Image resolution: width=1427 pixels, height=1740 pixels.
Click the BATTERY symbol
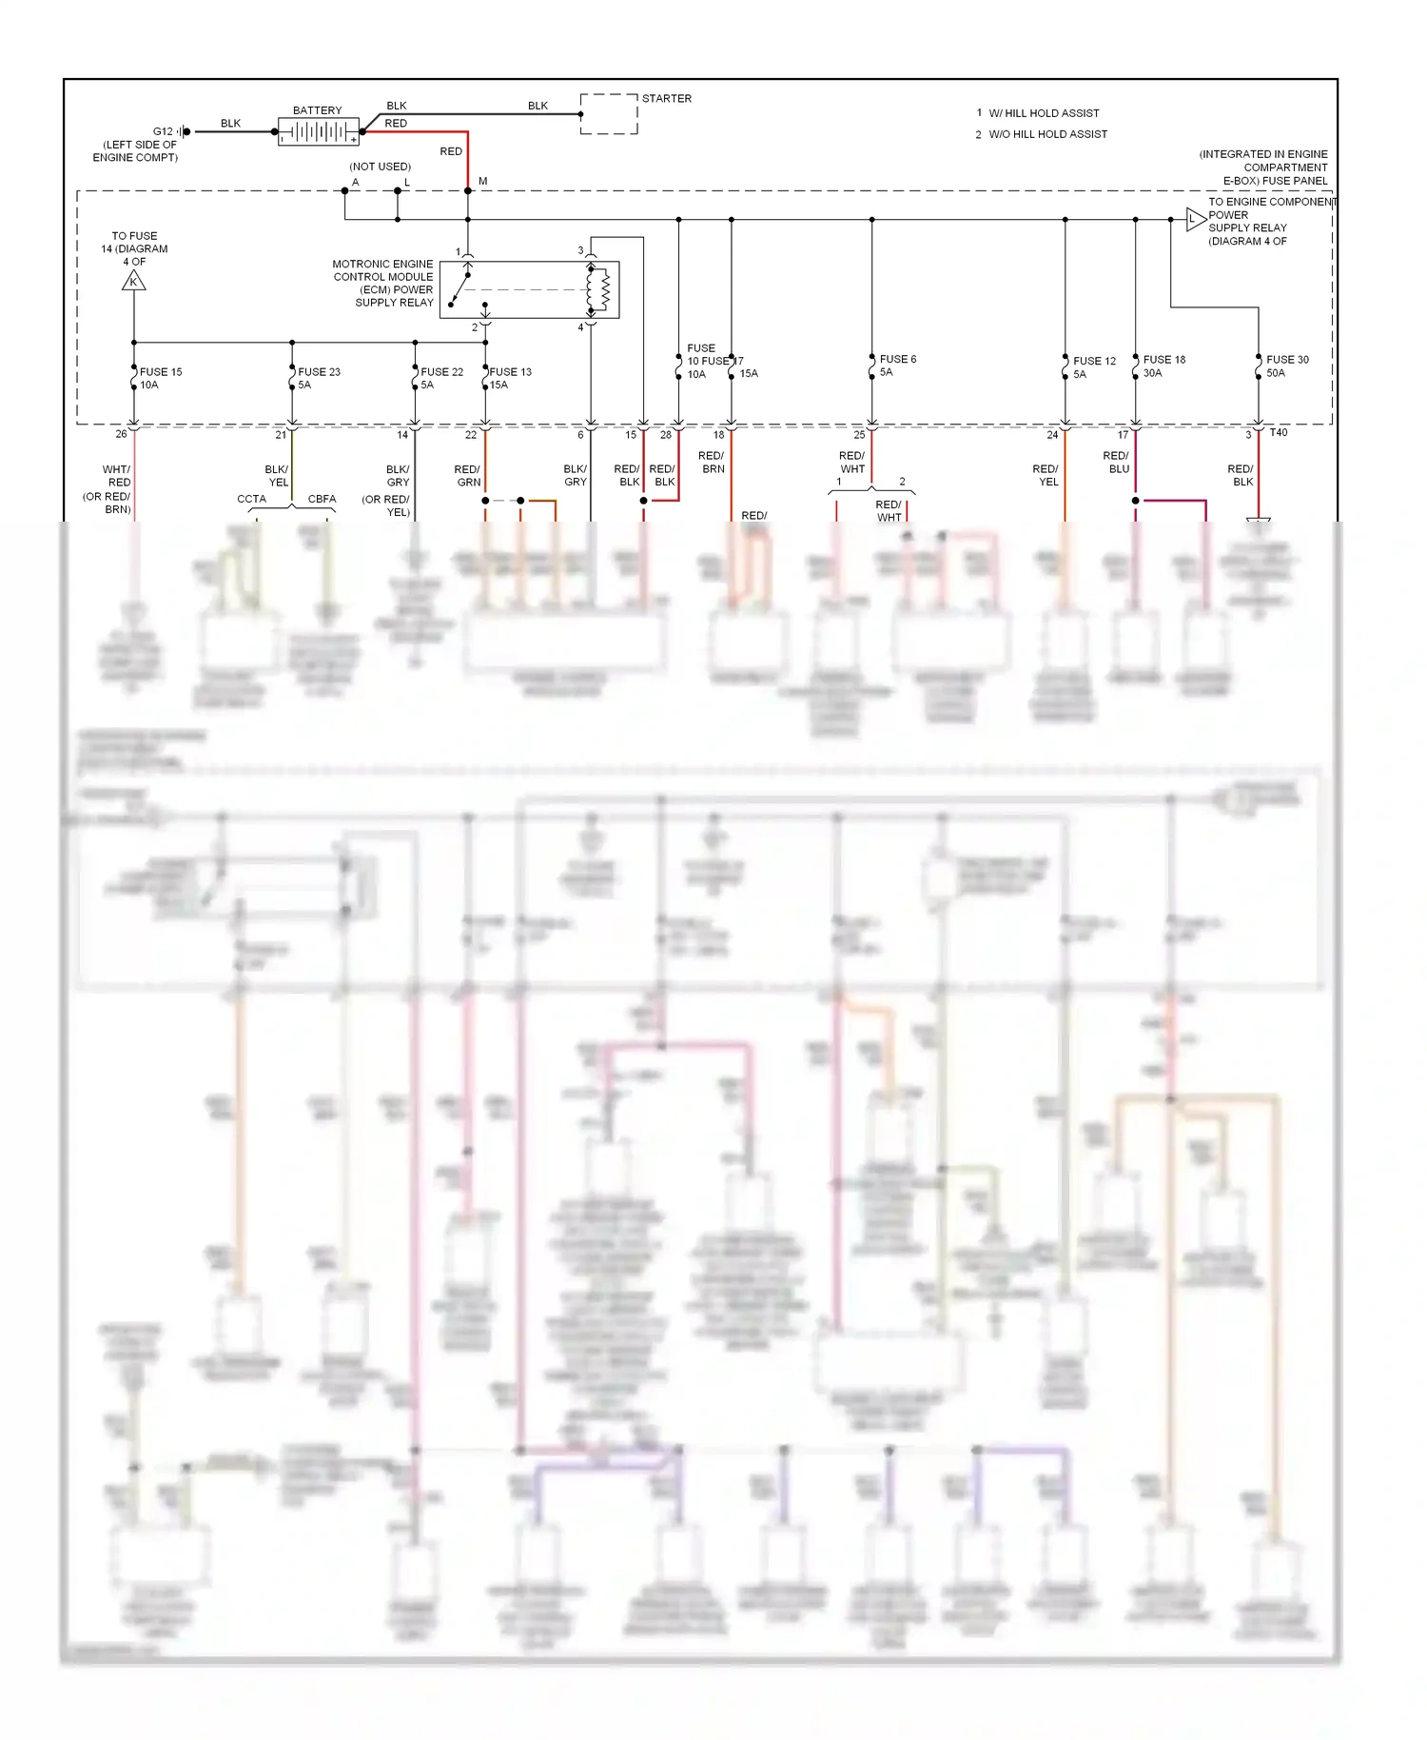coord(318,131)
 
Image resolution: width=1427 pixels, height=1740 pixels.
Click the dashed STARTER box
coord(609,114)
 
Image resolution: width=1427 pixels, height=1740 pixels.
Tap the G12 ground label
coord(163,131)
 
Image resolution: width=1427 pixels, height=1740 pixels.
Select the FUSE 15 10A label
coord(160,378)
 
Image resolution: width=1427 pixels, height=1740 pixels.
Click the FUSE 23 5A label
coord(318,378)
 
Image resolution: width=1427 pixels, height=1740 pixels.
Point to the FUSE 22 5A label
coord(441,378)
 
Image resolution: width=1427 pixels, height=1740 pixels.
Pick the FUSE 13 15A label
coord(510,378)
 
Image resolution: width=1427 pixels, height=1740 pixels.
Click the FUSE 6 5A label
coord(897,366)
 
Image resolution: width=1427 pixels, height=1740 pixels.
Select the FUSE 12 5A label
coord(1093,367)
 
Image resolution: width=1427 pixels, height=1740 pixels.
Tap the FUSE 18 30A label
coord(1163,366)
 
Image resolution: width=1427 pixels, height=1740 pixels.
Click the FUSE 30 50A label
coord(1286,366)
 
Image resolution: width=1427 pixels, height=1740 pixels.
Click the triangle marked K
coord(134,281)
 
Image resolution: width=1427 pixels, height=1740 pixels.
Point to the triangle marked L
coord(1195,220)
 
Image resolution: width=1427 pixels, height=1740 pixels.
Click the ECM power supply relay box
coord(529,289)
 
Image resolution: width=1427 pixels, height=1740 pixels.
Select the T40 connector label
coord(1278,433)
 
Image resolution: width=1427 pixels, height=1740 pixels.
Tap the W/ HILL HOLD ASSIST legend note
coord(1043,113)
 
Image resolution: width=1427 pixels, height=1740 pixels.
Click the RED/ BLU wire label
coord(1117,462)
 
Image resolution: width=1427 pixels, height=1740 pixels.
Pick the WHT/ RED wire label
coord(117,476)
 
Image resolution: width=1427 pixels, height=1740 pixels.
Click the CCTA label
coord(251,499)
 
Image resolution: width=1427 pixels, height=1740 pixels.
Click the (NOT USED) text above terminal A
coord(380,167)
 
